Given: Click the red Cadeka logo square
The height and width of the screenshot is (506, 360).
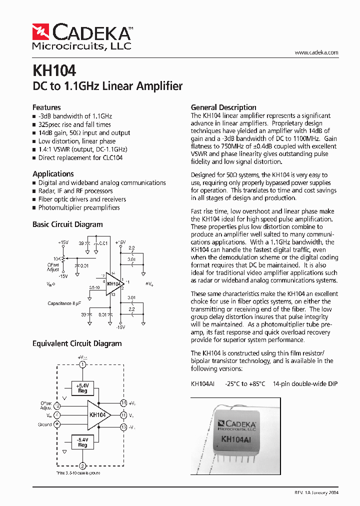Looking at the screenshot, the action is [x=40, y=32].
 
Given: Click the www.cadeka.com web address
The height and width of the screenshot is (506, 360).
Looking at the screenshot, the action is [x=316, y=52].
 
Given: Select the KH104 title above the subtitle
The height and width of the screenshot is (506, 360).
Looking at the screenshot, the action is [x=54, y=70].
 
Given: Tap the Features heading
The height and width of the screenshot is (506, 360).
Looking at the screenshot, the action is [x=46, y=107].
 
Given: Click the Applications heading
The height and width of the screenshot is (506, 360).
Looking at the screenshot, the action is [x=53, y=173].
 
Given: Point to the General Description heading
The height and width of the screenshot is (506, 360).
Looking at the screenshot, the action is [x=223, y=107].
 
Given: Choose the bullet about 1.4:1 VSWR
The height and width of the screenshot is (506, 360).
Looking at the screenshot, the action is [x=83, y=149].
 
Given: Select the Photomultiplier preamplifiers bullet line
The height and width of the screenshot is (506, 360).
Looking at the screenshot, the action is [x=79, y=207].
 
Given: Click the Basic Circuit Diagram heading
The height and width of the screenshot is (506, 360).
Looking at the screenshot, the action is [x=67, y=224].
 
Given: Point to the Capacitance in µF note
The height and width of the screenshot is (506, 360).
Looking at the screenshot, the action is [x=64, y=303].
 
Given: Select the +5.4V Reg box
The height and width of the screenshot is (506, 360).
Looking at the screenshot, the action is [x=82, y=388].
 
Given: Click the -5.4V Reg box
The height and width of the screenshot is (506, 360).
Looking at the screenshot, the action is [x=82, y=442].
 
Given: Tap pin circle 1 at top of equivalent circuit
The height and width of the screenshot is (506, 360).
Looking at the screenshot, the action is [x=83, y=365].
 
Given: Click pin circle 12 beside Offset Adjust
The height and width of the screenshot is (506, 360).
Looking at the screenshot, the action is [x=57, y=405].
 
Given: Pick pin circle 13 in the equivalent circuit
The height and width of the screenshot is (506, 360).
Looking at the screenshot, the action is [x=123, y=426].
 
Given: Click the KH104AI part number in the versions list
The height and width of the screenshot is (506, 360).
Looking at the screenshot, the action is [x=202, y=384].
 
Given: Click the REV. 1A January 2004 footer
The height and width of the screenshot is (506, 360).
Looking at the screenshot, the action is [x=316, y=492].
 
